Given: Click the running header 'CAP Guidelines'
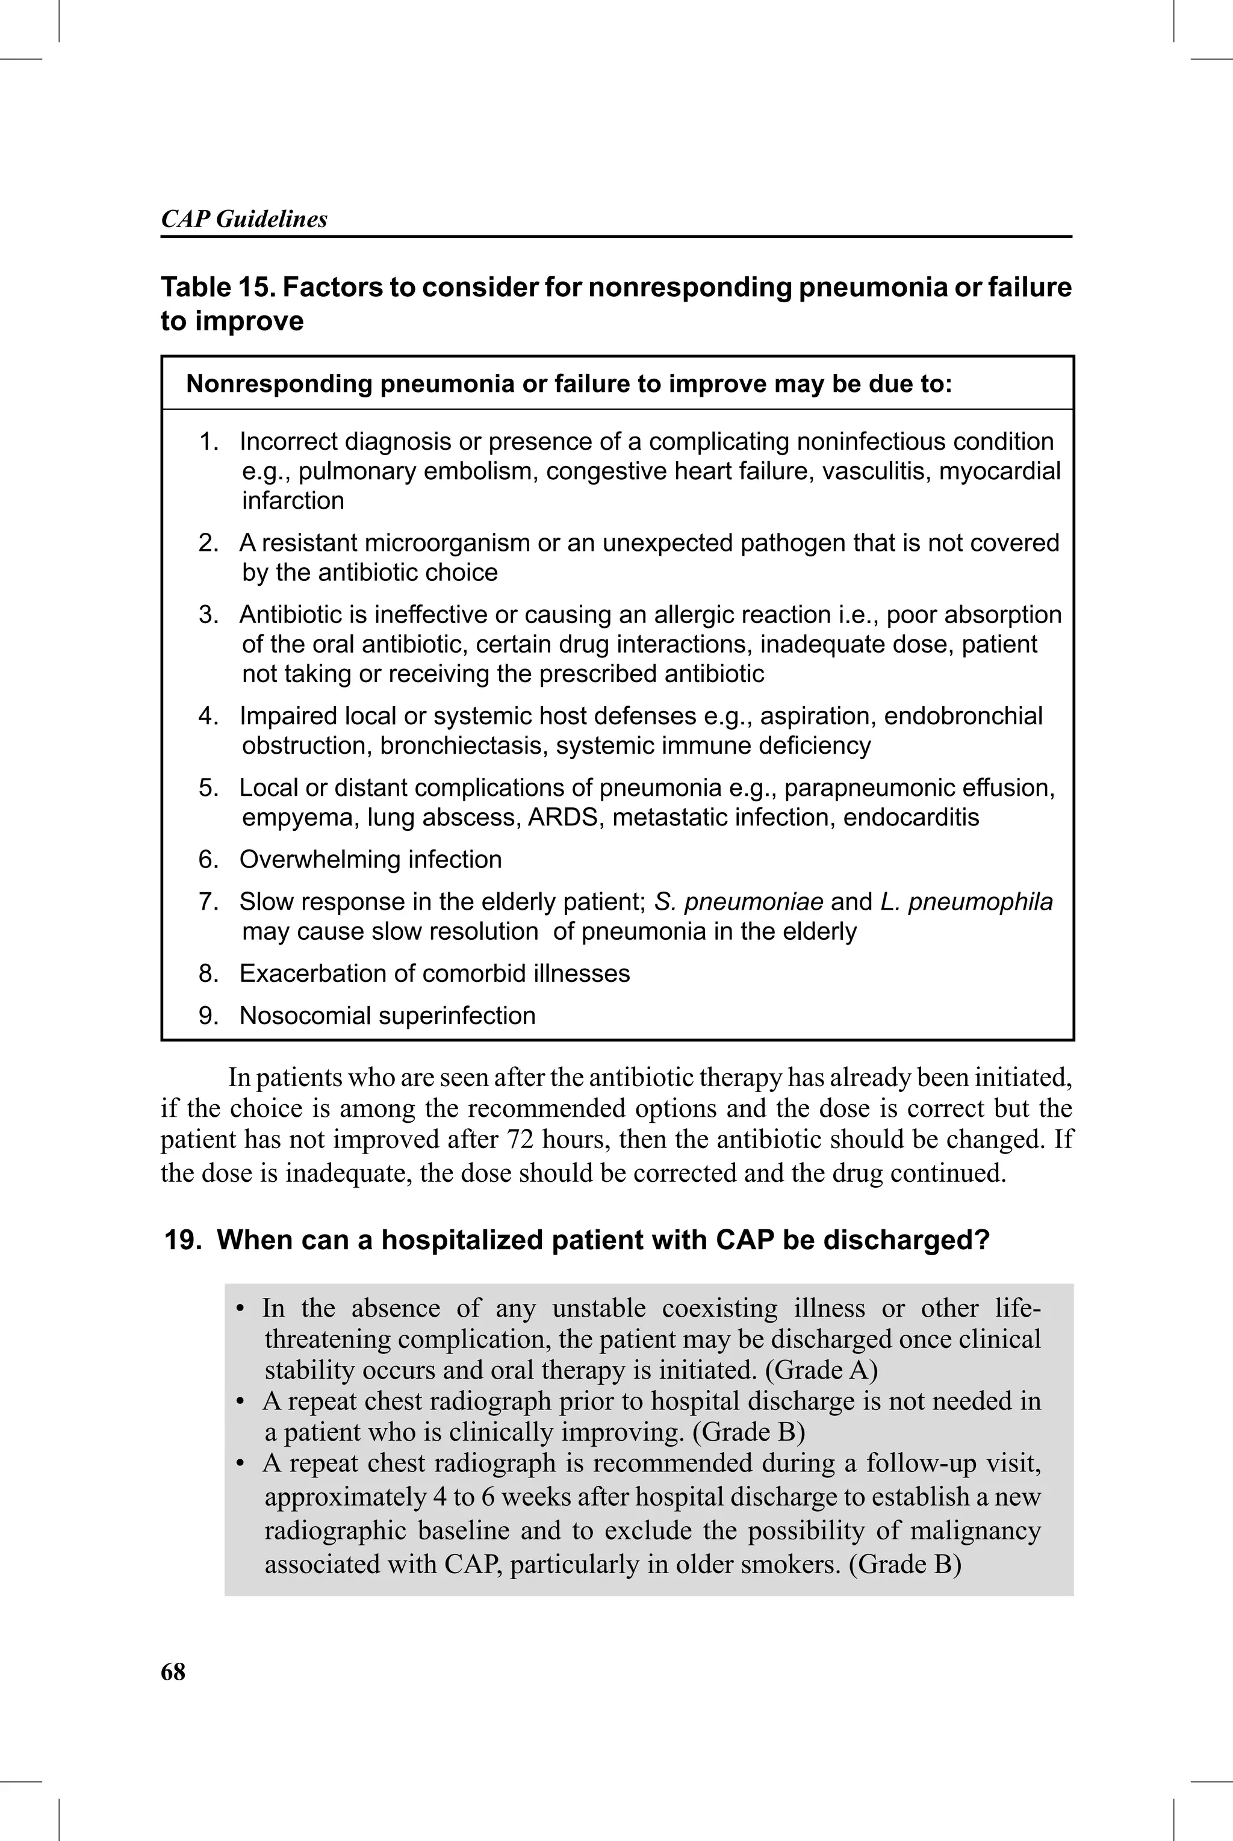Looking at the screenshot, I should coord(244,219).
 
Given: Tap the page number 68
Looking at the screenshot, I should coord(173,1671).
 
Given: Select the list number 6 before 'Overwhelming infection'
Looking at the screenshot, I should coord(208,859).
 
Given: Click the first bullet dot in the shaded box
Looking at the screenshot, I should coord(241,1309).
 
